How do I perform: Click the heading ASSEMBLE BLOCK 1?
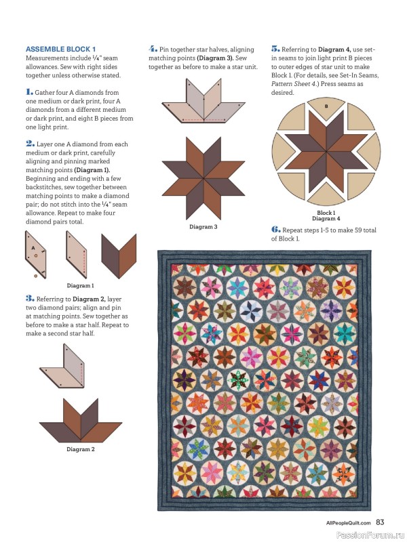point(60,49)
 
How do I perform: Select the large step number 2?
point(29,144)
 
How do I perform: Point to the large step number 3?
point(29,297)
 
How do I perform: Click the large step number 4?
point(153,49)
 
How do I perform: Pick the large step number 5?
point(275,49)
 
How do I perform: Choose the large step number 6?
point(275,230)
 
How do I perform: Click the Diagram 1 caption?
point(80,286)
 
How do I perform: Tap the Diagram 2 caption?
point(80,449)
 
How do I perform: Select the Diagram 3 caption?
point(203,226)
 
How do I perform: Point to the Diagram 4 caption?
point(326,218)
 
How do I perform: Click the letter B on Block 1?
point(326,107)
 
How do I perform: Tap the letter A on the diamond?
point(31,248)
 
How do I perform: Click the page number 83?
point(381,522)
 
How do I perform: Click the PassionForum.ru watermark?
point(371,534)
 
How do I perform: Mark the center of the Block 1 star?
point(326,149)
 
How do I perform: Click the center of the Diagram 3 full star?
point(203,178)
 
